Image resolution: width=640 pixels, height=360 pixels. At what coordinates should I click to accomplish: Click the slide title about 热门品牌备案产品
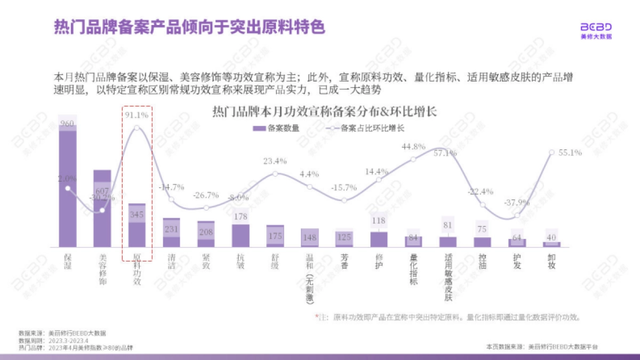pos(189,27)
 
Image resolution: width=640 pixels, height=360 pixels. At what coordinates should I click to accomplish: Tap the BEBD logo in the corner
pos(596,30)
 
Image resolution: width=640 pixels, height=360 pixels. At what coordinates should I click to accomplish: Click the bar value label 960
pos(67,124)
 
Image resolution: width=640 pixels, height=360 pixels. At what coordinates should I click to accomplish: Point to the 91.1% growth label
pos(137,114)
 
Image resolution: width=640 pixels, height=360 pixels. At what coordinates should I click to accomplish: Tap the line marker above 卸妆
pos(552,152)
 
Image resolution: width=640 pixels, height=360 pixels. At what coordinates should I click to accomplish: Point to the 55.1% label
pos(570,153)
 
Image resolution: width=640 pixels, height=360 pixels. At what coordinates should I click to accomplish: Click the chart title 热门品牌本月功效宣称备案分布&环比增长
pos(325,112)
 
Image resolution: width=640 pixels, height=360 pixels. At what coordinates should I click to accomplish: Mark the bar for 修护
pos(379,239)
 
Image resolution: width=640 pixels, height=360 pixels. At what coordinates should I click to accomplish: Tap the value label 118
pos(379,221)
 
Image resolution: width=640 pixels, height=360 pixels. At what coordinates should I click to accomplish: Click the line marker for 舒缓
pos(275,174)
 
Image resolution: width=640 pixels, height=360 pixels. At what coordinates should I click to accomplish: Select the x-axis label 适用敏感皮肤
pos(448,276)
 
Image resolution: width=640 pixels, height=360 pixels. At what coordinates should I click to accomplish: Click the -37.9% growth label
pos(517,203)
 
